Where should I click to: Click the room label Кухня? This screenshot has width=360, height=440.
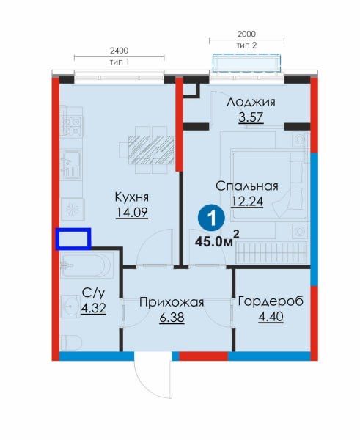pyautogui.click(x=131, y=198)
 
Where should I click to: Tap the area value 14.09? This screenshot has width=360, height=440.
pyautogui.click(x=131, y=213)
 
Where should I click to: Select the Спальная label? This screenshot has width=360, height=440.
pyautogui.click(x=247, y=186)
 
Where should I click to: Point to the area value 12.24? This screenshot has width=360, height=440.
pyautogui.click(x=247, y=201)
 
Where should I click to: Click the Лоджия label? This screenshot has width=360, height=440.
pyautogui.click(x=251, y=102)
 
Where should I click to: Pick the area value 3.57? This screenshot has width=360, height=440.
pyautogui.click(x=251, y=117)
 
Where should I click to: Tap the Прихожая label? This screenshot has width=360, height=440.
pyautogui.click(x=172, y=302)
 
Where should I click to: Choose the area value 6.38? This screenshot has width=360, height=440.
pyautogui.click(x=172, y=318)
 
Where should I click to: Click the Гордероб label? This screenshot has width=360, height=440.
pyautogui.click(x=271, y=301)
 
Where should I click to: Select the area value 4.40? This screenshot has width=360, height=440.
pyautogui.click(x=271, y=317)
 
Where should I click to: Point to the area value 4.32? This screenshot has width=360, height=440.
pyautogui.click(x=93, y=309)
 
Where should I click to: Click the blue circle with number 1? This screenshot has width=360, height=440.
pyautogui.click(x=212, y=218)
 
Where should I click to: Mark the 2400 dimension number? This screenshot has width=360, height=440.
pyautogui.click(x=120, y=51)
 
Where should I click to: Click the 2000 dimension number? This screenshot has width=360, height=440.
pyautogui.click(x=246, y=34)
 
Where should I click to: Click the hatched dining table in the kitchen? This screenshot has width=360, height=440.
pyautogui.click(x=151, y=150)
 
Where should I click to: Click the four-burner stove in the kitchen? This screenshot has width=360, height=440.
pyautogui.click(x=71, y=126)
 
